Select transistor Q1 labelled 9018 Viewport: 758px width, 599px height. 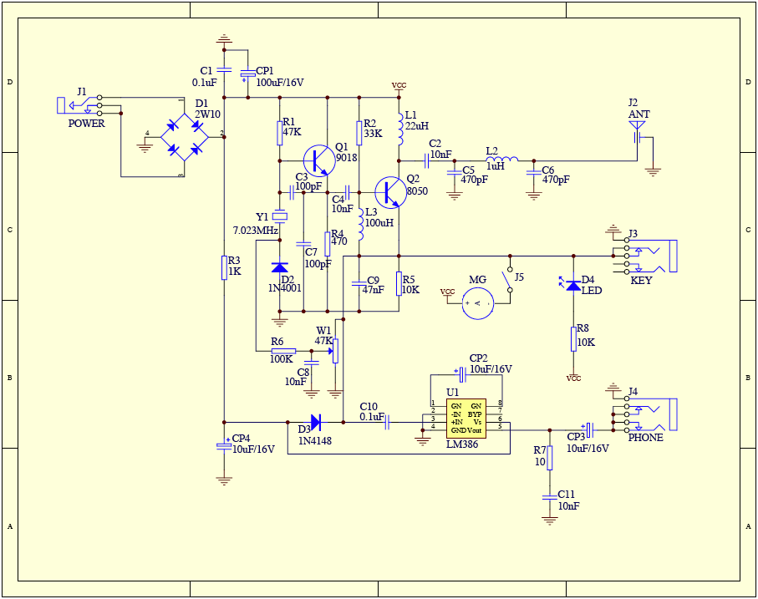(318, 158)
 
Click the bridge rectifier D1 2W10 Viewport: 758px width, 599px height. (185, 138)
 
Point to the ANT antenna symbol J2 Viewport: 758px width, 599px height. (638, 130)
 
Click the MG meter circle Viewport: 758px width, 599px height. (478, 302)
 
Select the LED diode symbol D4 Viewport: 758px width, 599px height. (572, 285)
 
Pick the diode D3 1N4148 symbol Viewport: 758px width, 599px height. (315, 422)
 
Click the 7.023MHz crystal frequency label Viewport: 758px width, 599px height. (255, 231)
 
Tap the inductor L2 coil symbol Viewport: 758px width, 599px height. (501, 159)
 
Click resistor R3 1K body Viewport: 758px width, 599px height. (224, 267)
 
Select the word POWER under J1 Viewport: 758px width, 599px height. (87, 124)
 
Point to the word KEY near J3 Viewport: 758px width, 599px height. (641, 281)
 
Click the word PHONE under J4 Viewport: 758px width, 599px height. (645, 438)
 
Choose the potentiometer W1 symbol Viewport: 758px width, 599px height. (336, 351)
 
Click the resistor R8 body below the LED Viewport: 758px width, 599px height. (572, 338)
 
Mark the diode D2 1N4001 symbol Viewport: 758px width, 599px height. (280, 267)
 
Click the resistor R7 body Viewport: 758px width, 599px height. (549, 458)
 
